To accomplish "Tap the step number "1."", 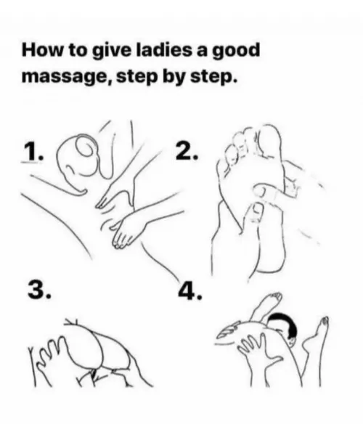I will click(x=33, y=151).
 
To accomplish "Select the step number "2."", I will click(x=187, y=151).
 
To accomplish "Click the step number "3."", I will click(x=38, y=290).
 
